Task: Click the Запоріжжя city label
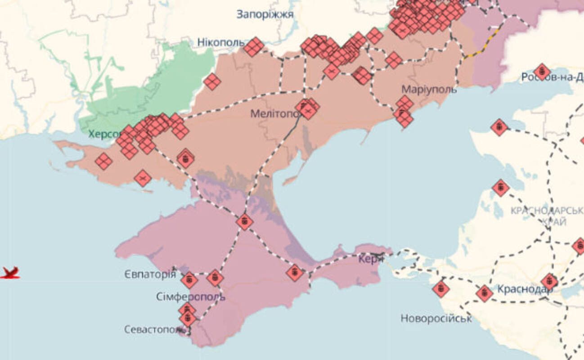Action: [265, 14]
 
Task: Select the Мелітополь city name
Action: [274, 114]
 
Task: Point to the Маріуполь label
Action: [429, 89]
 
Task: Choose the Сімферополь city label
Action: [190, 297]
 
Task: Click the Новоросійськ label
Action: [436, 319]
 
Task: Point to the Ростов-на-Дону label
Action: [553, 77]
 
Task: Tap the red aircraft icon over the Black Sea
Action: [10, 273]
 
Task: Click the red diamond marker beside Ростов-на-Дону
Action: [542, 71]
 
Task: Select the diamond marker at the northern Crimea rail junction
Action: [244, 221]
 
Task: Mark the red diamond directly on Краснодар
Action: [549, 282]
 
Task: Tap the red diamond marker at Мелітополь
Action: [307, 108]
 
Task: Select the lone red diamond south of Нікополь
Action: [212, 81]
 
